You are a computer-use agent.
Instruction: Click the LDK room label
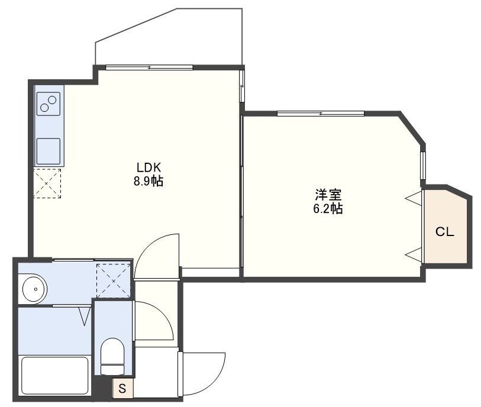pos(149,167)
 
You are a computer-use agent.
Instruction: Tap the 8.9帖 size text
pos(148,182)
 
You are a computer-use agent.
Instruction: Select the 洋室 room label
pos(327,194)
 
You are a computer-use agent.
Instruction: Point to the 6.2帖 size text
pos(327,208)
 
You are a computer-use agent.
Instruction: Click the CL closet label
pos(445,232)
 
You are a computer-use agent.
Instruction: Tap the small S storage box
pos(122,389)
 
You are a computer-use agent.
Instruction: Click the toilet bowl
pos(111,356)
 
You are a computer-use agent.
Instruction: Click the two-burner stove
pos(49,105)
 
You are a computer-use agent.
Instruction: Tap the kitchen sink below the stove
pos(49,151)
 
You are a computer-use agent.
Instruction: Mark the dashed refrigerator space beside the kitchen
pos(47,183)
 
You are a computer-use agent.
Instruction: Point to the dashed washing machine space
pos(113,279)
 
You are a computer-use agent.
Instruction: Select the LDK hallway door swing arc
pos(157,254)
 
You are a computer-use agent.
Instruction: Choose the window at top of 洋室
pos(321,113)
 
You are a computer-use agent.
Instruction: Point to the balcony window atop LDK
pos(149,67)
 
